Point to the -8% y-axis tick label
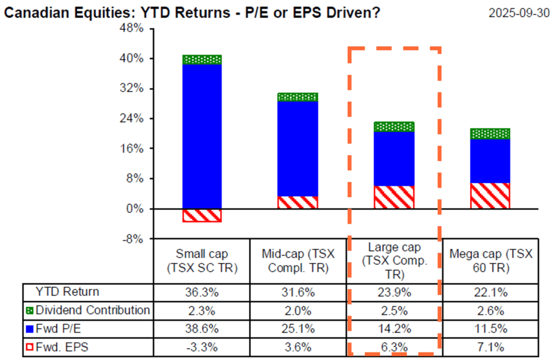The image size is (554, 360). [133, 238]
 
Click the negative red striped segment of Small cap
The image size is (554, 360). [202, 215]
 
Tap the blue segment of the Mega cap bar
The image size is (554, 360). [490, 161]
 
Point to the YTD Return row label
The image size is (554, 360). [67, 292]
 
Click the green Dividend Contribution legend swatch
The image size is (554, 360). [29, 310]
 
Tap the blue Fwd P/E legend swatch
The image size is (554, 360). [29, 328]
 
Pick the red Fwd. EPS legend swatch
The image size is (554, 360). [29, 346]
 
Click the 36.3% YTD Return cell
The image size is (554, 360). [202, 292]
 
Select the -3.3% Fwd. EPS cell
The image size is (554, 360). [202, 346]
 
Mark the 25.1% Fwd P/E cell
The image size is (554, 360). [297, 329]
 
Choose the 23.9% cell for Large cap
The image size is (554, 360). [394, 292]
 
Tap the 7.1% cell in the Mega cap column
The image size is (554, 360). [490, 346]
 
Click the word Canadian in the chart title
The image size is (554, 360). [36, 12]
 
